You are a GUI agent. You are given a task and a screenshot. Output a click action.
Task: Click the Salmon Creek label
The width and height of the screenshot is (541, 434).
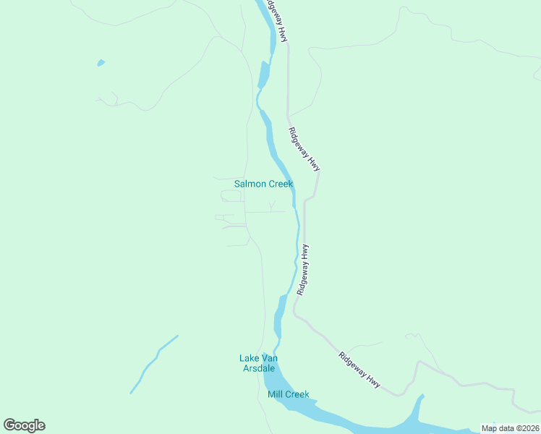coord(263,184)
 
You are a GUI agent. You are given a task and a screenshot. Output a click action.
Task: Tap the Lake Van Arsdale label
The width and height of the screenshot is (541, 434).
coord(258,363)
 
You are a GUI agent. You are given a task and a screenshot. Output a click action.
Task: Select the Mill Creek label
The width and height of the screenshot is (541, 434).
coord(288,394)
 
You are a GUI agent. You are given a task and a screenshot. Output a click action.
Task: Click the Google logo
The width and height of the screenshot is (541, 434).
coord(24,425)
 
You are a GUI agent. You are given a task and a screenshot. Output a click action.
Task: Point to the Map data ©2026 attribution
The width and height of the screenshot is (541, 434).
coord(510,428)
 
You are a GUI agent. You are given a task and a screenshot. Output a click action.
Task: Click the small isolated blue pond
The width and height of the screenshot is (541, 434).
coord(101,63)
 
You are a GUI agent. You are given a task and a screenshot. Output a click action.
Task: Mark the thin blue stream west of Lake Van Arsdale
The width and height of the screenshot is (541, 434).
coord(153,364)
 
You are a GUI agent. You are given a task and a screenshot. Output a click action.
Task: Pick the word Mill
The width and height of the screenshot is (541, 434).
coord(276,394)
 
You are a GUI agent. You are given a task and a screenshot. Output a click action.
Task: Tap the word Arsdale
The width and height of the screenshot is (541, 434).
coord(258,369)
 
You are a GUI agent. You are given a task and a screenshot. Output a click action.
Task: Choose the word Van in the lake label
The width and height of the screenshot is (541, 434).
coord(269,358)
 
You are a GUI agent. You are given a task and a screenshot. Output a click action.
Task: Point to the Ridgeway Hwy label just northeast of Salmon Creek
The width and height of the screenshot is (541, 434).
coord(304,149)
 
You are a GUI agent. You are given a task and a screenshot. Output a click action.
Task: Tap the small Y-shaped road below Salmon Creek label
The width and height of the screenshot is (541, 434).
coord(272,207)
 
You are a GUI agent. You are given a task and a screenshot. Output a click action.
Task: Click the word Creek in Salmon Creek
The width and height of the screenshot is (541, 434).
coord(281,184)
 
